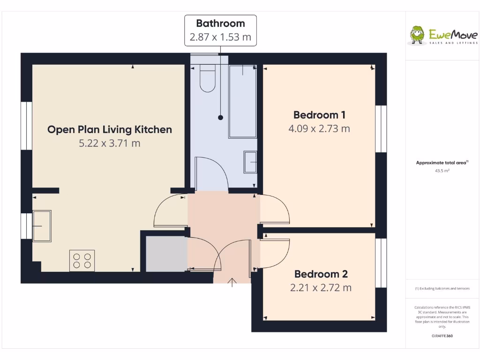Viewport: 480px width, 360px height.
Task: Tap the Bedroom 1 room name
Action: [x=319, y=115]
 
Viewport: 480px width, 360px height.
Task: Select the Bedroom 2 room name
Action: [x=321, y=274]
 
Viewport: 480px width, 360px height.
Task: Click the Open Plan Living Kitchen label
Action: [x=110, y=129]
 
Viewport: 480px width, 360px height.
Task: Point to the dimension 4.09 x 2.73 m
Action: [x=319, y=128]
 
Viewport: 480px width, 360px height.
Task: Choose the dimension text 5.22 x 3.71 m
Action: [x=110, y=143]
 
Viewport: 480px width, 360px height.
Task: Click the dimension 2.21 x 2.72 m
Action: [x=321, y=288]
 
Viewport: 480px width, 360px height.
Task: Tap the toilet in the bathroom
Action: [x=207, y=78]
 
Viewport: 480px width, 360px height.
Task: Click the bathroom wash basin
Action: [x=250, y=162]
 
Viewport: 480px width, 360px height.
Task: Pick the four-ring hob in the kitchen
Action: [x=82, y=261]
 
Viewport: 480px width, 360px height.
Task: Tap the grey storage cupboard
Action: [x=165, y=254]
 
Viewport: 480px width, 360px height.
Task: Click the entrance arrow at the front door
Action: [x=232, y=281]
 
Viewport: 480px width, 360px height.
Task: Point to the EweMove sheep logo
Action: [x=417, y=35]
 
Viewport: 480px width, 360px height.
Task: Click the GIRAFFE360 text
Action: [x=442, y=336]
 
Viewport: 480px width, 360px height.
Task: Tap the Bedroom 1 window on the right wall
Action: [x=382, y=129]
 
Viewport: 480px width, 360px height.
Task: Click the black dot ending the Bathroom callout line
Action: [x=220, y=118]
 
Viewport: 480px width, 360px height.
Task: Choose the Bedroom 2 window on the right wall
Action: [x=382, y=262]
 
